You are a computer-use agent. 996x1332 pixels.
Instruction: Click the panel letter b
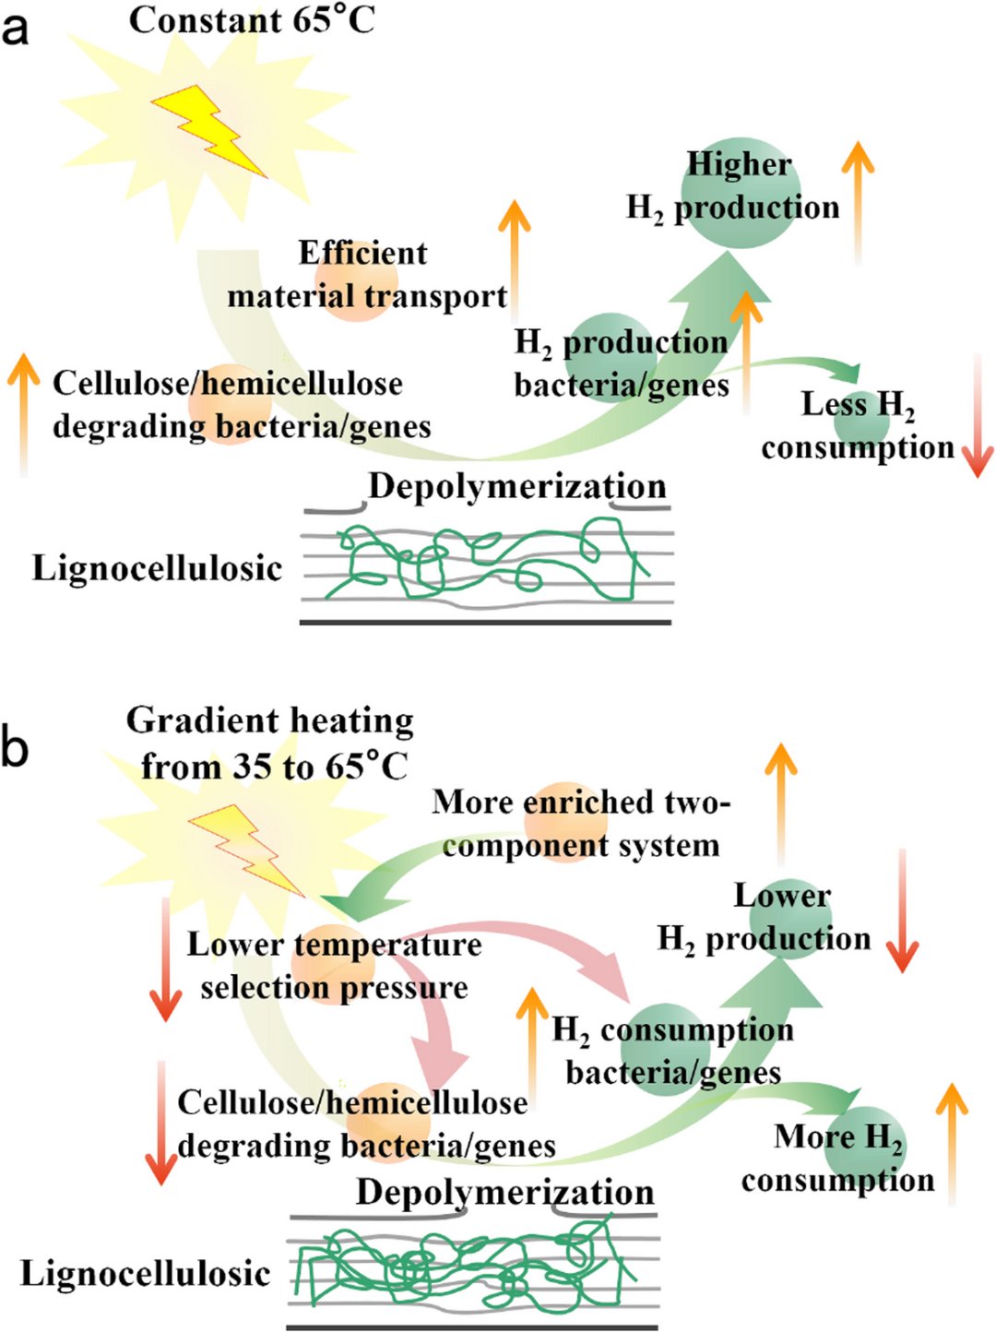(15, 747)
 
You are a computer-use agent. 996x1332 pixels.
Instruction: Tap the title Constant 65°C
(252, 20)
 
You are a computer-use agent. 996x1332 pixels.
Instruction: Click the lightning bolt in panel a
(209, 130)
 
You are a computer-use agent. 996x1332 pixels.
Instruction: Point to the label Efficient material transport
(366, 275)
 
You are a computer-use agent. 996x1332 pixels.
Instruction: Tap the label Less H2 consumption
(857, 425)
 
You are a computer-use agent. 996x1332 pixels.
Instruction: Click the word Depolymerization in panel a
(516, 486)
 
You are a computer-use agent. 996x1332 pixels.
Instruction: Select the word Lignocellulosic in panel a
(157, 568)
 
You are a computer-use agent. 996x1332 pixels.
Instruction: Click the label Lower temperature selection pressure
(334, 966)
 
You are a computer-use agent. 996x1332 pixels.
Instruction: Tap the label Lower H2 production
(765, 917)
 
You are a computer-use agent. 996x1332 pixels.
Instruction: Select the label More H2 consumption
(837, 1158)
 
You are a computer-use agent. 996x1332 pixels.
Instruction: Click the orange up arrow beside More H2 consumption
(952, 1144)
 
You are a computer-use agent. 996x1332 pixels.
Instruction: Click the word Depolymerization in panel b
(505, 1192)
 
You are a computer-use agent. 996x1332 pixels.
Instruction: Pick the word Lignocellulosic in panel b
(146, 1274)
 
